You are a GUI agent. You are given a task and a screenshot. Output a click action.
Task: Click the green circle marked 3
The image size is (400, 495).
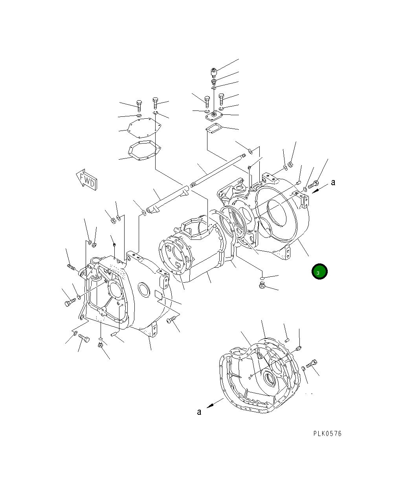click(319, 271)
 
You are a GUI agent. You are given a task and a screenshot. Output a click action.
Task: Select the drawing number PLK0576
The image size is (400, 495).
click(327, 433)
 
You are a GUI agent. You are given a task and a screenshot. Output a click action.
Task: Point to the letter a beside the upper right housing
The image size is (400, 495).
click(333, 182)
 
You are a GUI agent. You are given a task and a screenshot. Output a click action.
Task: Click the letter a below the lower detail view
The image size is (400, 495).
click(199, 412)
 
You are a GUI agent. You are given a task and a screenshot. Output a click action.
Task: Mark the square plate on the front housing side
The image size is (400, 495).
click(159, 296)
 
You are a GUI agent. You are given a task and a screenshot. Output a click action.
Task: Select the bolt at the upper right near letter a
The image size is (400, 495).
click(314, 184)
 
